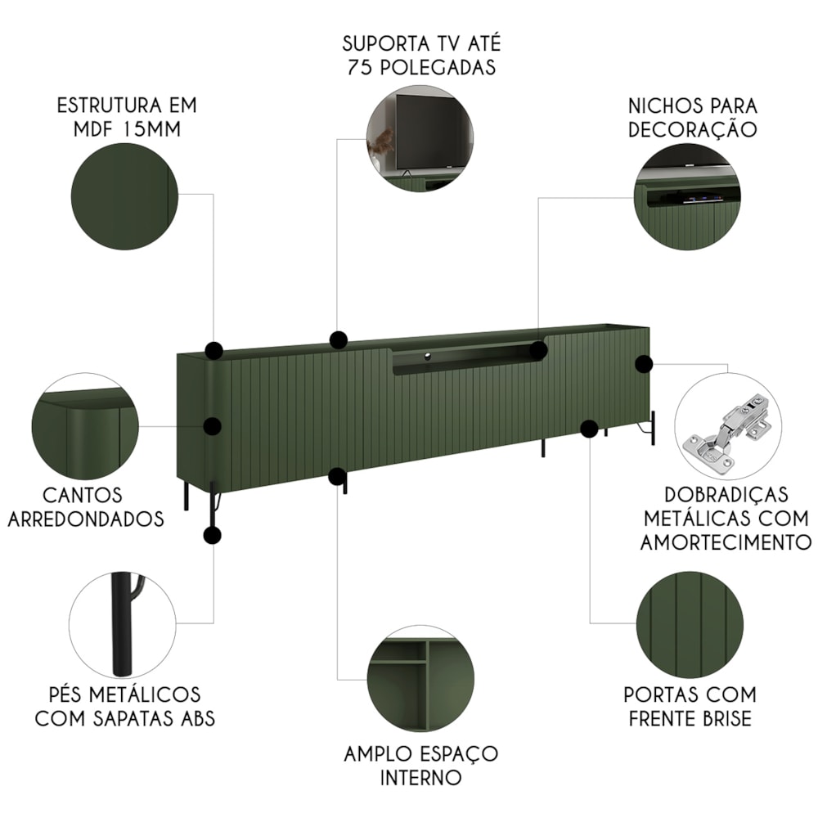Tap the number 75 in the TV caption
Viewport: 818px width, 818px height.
point(359,67)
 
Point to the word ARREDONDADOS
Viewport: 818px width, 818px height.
point(86,519)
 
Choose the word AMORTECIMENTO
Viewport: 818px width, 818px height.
point(726,542)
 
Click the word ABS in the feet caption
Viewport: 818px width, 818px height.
point(198,718)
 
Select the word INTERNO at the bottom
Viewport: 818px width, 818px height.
point(420,778)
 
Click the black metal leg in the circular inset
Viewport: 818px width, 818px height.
point(123,624)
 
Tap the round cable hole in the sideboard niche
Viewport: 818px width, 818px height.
point(427,357)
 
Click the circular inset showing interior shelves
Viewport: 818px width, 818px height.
point(420,679)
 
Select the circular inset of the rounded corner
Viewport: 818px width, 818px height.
point(86,426)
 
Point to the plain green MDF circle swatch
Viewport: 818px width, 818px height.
point(124,196)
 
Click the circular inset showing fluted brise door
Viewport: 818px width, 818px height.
point(690,624)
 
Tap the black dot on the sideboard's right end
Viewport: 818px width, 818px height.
point(645,364)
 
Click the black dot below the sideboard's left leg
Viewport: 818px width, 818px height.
point(212,535)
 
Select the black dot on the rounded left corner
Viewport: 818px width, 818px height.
point(212,426)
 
